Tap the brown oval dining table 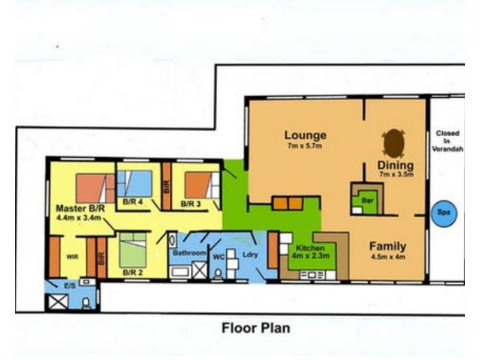point(394,143)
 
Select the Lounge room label point(305,136)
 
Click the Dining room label point(395,166)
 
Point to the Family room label point(388,246)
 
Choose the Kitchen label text point(310,248)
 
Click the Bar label point(367,200)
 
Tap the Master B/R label point(80,209)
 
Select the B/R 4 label point(133,202)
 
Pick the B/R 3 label point(190,203)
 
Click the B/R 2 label point(133,272)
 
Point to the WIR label point(72,257)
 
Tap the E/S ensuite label point(70,286)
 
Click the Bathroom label point(190,253)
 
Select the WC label point(218,257)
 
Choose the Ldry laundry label point(250,254)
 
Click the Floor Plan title point(256,328)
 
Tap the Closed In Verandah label point(447,141)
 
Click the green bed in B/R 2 point(133,250)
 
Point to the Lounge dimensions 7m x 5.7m point(305,146)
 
